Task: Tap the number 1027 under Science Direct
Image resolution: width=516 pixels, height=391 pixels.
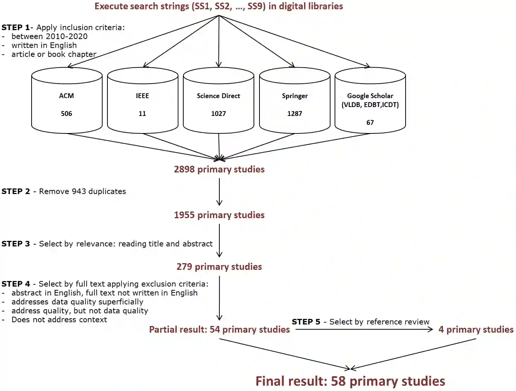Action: (219, 114)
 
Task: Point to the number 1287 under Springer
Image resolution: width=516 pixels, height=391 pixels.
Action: (294, 114)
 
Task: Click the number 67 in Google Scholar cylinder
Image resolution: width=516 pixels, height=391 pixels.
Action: (370, 123)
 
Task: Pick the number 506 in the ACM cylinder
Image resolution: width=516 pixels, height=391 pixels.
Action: (67, 114)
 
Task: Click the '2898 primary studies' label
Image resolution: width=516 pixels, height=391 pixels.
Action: (219, 169)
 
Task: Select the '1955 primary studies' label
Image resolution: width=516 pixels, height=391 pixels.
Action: (219, 215)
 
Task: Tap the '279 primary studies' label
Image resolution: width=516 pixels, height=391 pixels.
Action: (219, 267)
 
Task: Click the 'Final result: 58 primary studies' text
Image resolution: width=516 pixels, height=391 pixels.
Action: (350, 381)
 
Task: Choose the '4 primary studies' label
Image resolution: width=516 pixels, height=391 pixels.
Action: (476, 330)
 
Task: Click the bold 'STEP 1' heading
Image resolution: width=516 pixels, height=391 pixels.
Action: (16, 28)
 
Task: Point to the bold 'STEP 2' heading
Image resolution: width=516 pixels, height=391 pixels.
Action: (16, 191)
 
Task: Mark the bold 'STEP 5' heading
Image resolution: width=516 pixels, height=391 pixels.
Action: (306, 322)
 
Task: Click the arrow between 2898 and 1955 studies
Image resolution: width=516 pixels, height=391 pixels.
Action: (219, 192)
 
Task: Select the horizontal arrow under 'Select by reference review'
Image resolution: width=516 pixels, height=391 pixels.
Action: (364, 329)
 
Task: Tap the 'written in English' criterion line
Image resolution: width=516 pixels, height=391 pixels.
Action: (44, 45)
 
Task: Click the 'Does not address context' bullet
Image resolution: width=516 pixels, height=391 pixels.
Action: (59, 320)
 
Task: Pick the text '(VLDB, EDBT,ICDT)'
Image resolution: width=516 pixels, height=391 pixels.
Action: (370, 105)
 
